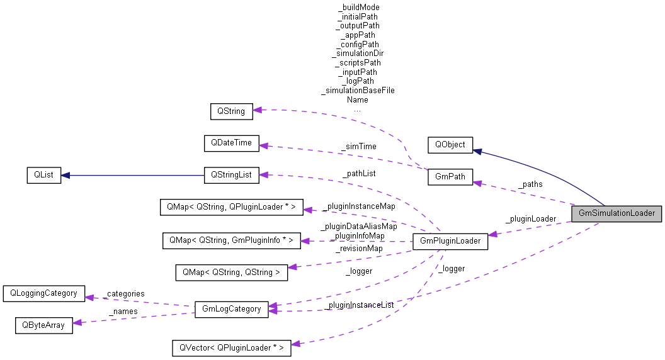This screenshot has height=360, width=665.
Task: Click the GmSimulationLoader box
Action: tap(617, 213)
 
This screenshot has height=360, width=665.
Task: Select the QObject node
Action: tap(450, 144)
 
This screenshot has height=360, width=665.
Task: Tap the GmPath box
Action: tap(450, 177)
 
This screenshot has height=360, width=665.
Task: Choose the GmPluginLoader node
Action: tap(450, 241)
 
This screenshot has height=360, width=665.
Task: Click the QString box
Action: tap(231, 111)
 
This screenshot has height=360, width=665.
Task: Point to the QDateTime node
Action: tap(231, 143)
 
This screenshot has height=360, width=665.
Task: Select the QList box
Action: tap(43, 176)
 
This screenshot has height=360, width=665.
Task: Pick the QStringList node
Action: tap(231, 176)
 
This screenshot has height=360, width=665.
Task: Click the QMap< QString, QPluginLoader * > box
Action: tap(232, 207)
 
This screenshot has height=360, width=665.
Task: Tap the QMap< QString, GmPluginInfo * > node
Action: tap(231, 240)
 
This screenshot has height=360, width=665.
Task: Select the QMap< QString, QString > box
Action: tap(231, 272)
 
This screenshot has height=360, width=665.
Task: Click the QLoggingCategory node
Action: tap(43, 293)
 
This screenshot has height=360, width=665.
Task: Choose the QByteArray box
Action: tap(43, 325)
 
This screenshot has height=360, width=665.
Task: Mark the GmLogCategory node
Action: tap(231, 310)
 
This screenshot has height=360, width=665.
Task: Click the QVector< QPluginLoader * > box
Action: tap(231, 347)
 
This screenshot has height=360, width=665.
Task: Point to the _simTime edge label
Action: tap(358, 147)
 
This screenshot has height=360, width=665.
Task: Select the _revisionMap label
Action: tap(358, 249)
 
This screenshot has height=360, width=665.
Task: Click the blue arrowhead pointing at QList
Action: tap(65, 176)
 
